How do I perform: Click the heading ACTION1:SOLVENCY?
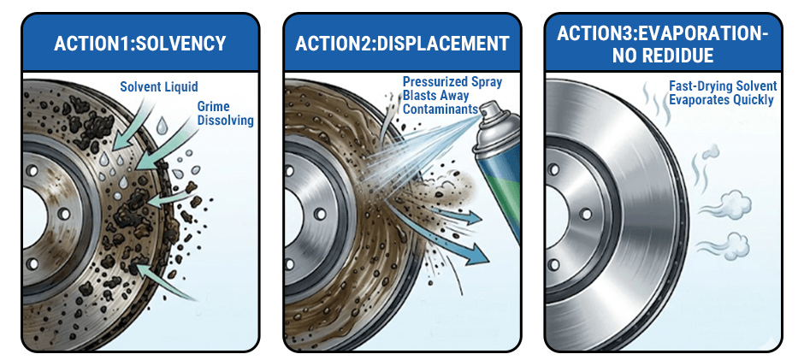tap(140, 43)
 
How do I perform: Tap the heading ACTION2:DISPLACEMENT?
tap(402, 43)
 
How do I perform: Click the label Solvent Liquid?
tap(160, 87)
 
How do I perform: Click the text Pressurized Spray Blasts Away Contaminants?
tap(452, 97)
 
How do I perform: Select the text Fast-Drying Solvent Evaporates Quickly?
tap(722, 93)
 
